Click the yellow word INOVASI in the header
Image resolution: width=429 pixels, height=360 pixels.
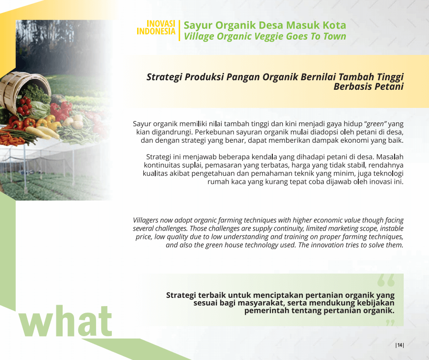pos(161,23)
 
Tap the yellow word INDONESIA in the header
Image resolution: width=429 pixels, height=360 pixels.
pos(156,32)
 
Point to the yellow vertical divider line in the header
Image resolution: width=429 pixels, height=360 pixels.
pos(179,31)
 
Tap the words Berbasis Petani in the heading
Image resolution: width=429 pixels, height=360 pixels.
pos(368,86)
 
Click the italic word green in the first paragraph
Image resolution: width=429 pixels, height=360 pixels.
pos(375,124)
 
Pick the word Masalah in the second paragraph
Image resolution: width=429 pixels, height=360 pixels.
pos(390,157)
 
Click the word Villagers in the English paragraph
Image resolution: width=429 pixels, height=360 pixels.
pos(146,220)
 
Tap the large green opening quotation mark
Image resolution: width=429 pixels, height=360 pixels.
pos(386,280)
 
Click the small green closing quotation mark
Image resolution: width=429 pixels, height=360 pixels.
pos(390,323)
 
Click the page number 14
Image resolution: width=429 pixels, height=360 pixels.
pos(400,345)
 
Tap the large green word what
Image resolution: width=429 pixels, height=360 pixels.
pos(65,321)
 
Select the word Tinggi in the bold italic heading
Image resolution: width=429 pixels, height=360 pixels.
pos(390,77)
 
